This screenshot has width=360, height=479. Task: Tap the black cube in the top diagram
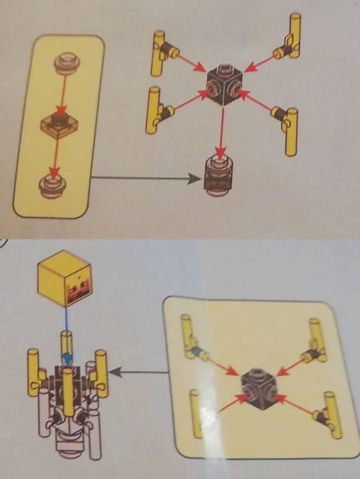(223, 85)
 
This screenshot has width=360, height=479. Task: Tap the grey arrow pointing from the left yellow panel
(147, 178)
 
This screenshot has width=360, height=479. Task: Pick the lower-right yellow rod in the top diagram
(290, 129)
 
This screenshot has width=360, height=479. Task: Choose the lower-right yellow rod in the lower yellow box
(331, 415)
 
